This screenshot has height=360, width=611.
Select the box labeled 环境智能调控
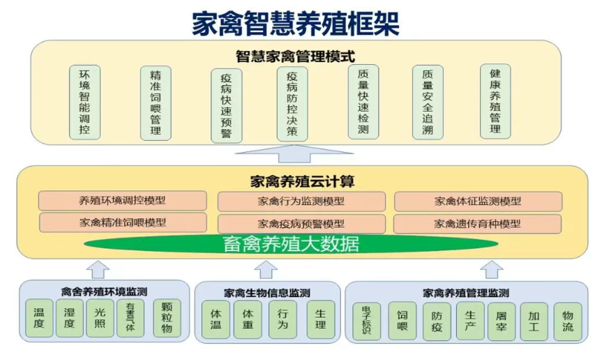84,102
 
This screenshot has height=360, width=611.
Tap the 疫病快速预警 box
226,105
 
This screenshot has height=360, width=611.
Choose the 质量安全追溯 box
427,102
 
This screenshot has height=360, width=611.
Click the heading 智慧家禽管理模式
296,56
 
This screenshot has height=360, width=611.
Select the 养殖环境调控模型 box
123,201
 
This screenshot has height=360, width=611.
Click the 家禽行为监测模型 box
301,202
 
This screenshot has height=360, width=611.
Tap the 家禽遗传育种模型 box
477,224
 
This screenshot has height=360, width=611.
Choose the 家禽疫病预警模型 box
301,225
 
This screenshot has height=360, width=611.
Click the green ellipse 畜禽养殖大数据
291,244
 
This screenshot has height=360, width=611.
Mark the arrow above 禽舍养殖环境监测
100,269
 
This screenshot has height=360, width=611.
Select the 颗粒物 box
167,319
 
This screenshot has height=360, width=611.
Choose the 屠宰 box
501,321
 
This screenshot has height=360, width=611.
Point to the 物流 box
567,321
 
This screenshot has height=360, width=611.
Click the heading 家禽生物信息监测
267,293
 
